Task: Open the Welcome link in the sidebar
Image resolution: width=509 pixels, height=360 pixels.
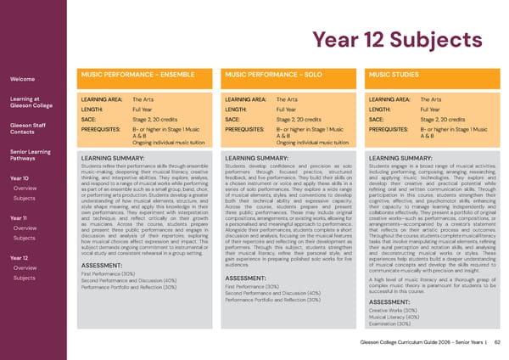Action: click(22, 79)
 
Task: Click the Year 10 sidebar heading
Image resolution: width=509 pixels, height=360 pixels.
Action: click(19, 177)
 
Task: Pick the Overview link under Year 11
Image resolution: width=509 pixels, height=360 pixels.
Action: click(25, 228)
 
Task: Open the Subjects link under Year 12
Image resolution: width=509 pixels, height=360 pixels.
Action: click(25, 278)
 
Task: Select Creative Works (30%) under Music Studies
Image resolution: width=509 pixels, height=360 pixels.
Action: click(395, 310)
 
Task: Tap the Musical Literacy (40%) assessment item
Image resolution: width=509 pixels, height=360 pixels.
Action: click(396, 317)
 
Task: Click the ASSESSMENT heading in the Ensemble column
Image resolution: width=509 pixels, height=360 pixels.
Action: click(105, 265)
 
